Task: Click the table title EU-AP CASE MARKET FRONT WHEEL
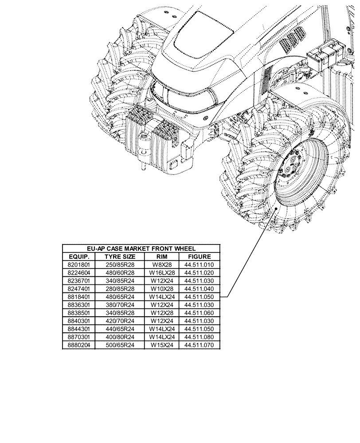point(141,249)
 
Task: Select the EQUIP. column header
point(78,256)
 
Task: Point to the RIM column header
point(161,256)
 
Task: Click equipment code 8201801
point(78,264)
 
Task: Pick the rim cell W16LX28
point(161,272)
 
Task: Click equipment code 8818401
point(78,296)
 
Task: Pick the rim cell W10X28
point(161,288)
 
